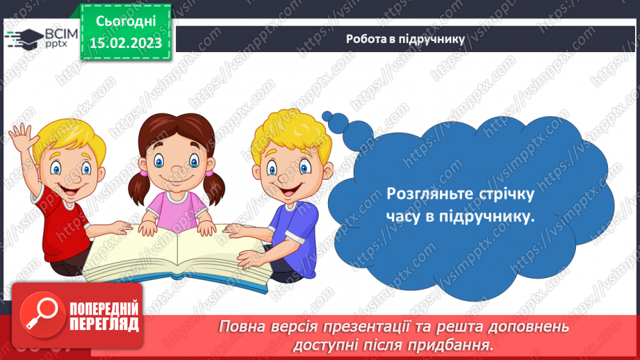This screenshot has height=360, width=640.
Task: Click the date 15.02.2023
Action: (126, 42)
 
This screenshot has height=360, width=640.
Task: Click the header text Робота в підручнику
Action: (405, 39)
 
